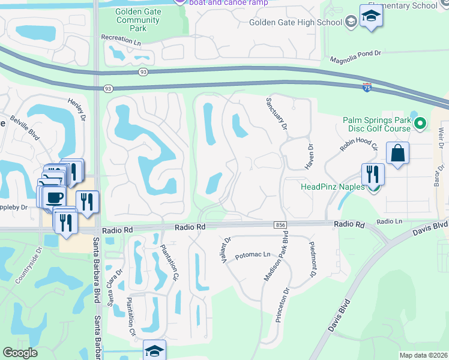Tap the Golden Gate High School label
pos(296,23)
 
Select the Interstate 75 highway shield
pos(367,87)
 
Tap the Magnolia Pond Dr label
pos(356,55)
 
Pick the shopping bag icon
pos(397,154)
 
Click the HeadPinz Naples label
pos(333,187)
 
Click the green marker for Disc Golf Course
pos(420,124)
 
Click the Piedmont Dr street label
pos(312,259)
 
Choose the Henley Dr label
pos(77,109)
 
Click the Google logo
pos(20,353)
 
